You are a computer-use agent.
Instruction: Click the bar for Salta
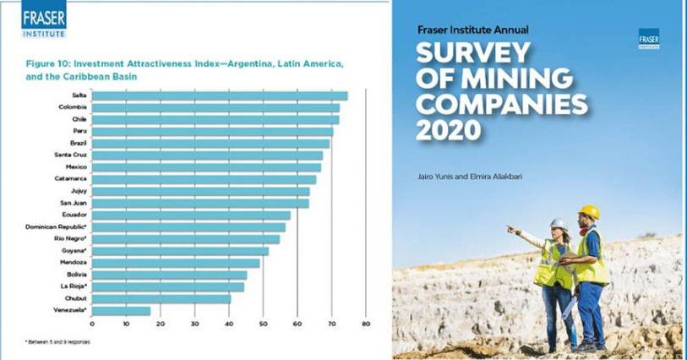[220, 95]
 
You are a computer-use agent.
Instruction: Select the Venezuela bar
[121, 311]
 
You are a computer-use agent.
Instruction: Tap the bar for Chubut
[161, 298]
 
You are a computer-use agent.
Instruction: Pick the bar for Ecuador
[190, 215]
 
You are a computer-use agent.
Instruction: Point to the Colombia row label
[71, 107]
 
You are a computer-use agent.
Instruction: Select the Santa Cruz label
[68, 155]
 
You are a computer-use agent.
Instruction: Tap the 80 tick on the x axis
[366, 324]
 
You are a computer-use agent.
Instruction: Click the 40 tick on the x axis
[229, 324]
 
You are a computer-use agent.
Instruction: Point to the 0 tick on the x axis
[92, 324]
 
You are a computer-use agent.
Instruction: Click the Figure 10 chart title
[186, 70]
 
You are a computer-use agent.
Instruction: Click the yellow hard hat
[589, 212]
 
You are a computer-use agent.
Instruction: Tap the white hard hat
[559, 224]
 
